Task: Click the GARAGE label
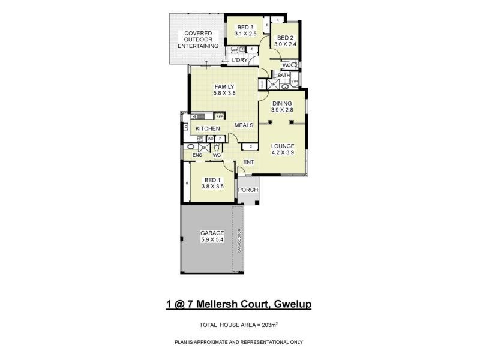coord(212,233)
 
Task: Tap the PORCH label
coord(248,190)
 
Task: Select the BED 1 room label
coord(212,180)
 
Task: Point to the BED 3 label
coord(245,27)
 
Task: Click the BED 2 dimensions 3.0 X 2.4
coord(286,44)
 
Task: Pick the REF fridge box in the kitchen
coord(220,116)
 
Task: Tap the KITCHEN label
coord(207,129)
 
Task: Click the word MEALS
coord(244,125)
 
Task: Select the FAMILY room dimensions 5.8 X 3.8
coord(224,94)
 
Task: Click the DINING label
coord(281,103)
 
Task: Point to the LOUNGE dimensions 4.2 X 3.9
coord(281,152)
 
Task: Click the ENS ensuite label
coord(197,155)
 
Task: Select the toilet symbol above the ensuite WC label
coord(217,146)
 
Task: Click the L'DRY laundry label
coord(240,61)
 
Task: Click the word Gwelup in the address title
coord(292,304)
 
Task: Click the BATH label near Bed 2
coord(283,75)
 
